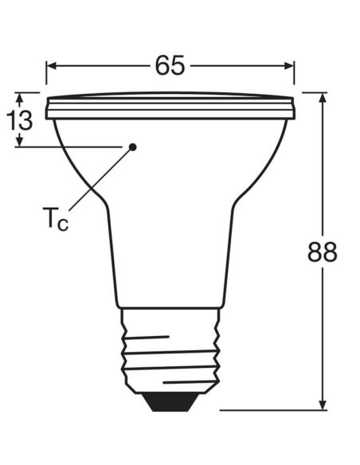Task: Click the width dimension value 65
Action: pos(170,66)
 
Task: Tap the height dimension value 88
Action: pos(323,252)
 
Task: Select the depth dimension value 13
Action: pos(20,121)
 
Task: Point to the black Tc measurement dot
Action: pos(133,147)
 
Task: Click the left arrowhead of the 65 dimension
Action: pos(50,66)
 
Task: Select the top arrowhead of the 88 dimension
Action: pos(323,98)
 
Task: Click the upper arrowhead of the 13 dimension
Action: pos(20,96)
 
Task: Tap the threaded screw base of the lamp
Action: pos(170,350)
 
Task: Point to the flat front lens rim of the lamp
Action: pos(170,107)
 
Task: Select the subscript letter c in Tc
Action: pos(63,223)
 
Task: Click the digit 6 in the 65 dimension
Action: pos(161,66)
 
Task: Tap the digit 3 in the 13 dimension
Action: pos(25,121)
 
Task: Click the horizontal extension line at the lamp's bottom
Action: pos(271,411)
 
